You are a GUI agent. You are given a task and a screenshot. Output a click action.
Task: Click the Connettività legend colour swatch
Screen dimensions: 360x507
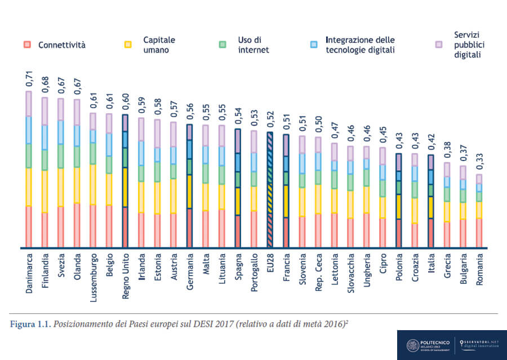click(27, 44)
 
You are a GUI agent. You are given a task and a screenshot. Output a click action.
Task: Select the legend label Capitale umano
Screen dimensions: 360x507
click(159, 45)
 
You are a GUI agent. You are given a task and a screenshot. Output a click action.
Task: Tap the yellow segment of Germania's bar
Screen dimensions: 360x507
click(190, 192)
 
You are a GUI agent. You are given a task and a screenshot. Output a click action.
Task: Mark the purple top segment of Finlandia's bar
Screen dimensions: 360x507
click(45, 111)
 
